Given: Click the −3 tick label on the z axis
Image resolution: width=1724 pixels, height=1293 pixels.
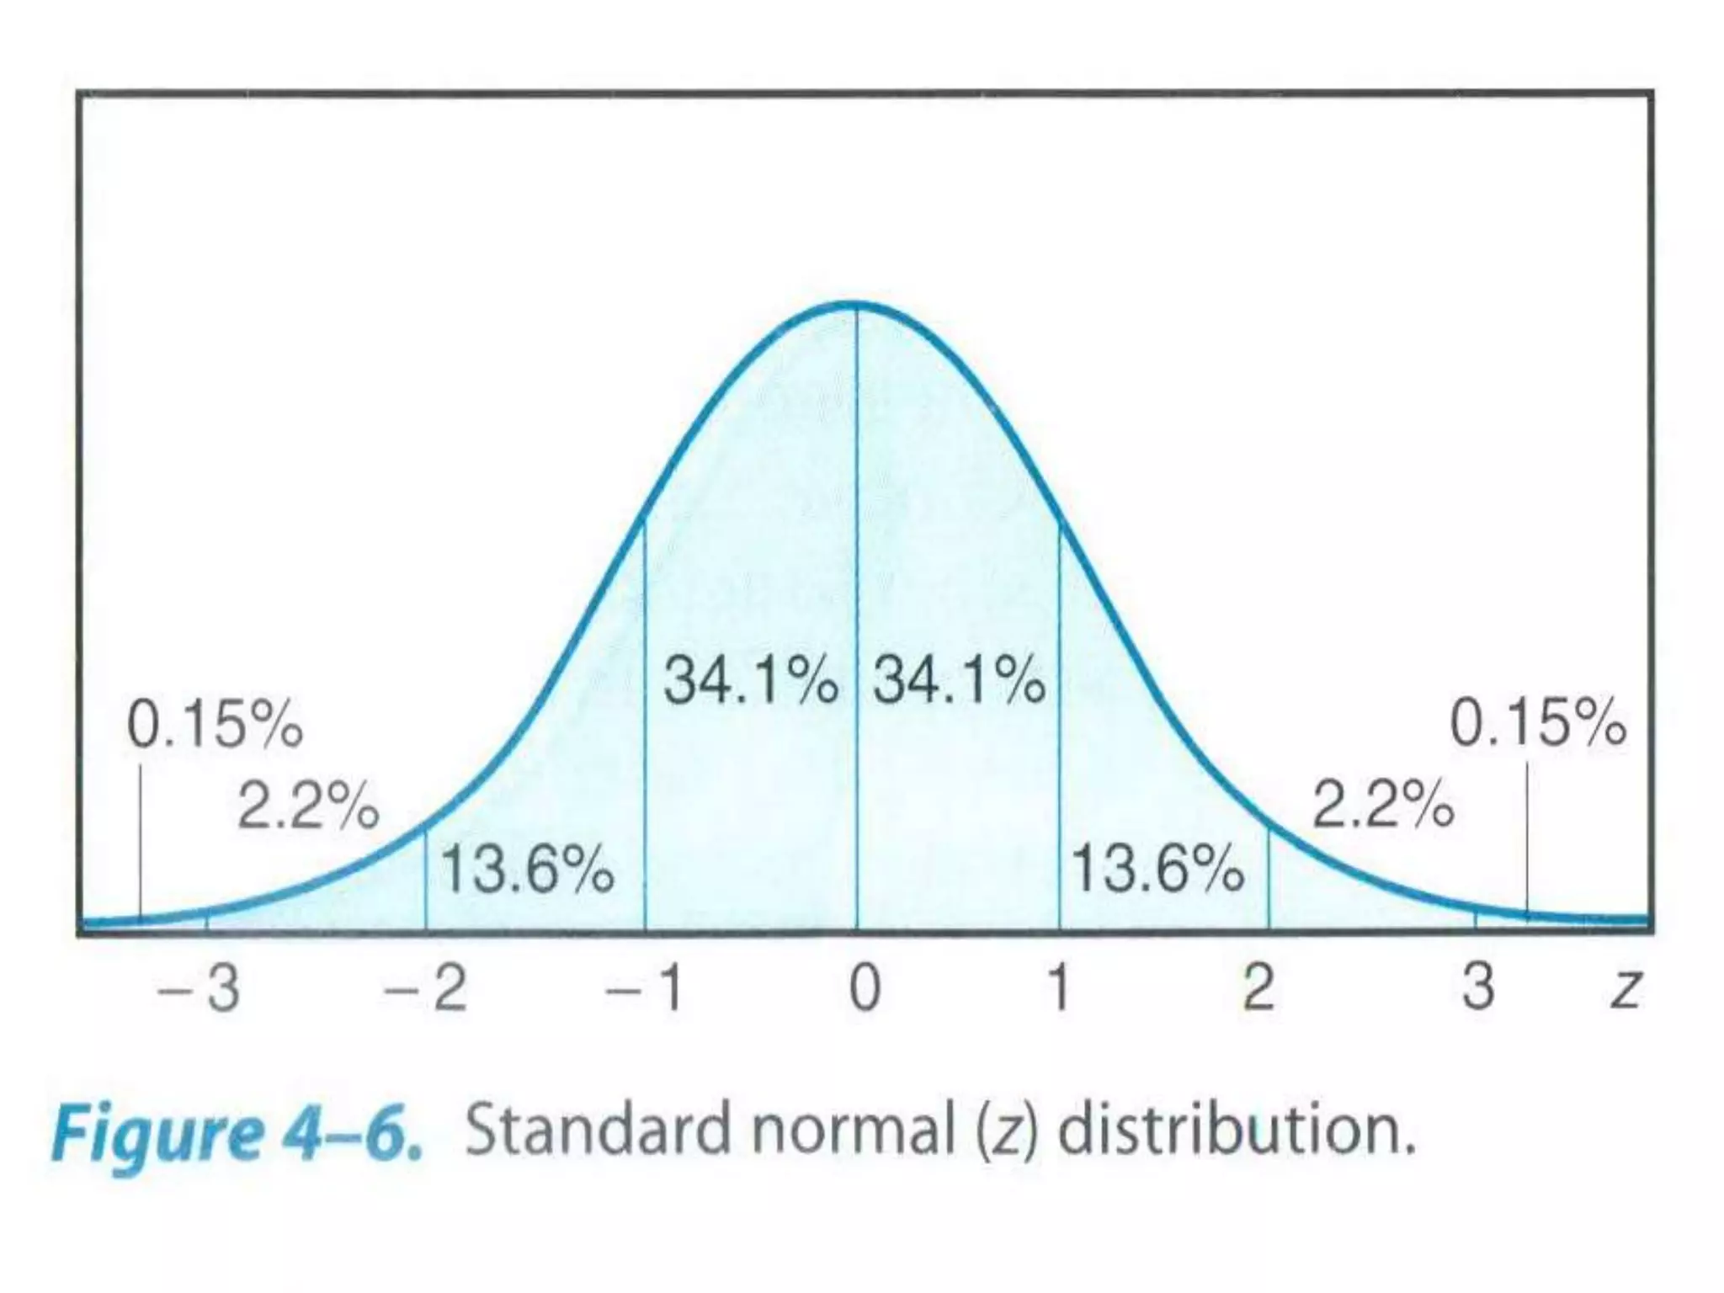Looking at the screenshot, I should pos(200,987).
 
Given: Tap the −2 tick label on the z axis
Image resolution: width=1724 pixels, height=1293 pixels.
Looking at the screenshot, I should pos(426,987).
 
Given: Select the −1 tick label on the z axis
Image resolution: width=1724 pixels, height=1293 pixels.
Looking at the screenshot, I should pos(646,987).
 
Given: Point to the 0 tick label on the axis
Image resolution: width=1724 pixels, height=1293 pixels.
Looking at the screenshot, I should pos(865,987).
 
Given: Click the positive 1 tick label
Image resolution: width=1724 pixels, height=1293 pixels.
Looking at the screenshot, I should pos(1059,987).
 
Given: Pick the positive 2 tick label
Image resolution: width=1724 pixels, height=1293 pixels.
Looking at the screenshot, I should pos(1258,987).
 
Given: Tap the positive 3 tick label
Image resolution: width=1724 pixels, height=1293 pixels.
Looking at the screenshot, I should pos(1478,987).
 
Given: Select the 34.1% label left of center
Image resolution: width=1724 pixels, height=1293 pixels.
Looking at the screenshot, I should pos(750,680).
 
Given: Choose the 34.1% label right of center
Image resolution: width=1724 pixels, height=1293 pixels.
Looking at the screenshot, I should pos(959,680).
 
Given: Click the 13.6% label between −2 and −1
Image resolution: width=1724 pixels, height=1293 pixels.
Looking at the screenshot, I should pos(527,870).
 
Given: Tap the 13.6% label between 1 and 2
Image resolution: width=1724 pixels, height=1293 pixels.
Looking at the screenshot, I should pos(1157,870).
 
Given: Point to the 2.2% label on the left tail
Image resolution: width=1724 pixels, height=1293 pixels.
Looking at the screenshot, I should pos(308,806).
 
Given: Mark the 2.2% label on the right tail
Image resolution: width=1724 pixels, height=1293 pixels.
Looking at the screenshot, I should pos(1383,806).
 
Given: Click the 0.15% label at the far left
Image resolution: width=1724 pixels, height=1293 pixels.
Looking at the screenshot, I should pos(214,724).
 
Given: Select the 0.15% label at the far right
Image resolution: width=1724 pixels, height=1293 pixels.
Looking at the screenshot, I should pos(1537,724).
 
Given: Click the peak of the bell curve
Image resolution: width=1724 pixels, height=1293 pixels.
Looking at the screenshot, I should pos(855,304).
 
